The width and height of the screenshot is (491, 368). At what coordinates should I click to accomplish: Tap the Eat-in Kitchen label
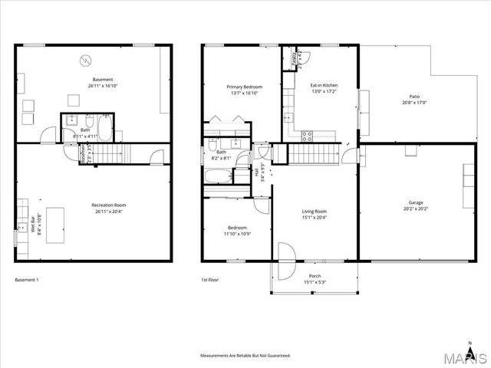click(x=324, y=85)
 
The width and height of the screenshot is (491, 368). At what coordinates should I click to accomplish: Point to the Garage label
click(x=416, y=202)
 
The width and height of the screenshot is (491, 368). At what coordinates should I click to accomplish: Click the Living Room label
click(x=314, y=212)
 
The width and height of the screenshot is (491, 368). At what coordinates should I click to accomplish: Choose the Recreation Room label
click(x=108, y=205)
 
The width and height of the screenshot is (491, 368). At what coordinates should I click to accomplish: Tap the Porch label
click(x=315, y=276)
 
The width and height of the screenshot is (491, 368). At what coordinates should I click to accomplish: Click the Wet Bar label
click(x=33, y=224)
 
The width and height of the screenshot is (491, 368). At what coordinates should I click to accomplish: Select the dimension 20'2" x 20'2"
click(x=416, y=209)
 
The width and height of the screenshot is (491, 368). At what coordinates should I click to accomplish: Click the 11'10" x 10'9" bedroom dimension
click(x=237, y=233)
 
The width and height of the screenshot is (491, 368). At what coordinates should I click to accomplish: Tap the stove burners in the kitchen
click(x=307, y=136)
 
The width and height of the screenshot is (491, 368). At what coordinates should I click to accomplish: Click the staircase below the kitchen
click(x=311, y=154)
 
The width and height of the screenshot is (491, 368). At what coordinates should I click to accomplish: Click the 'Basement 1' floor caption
click(x=27, y=280)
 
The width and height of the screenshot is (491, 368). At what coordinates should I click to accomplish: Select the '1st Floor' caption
click(x=210, y=280)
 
